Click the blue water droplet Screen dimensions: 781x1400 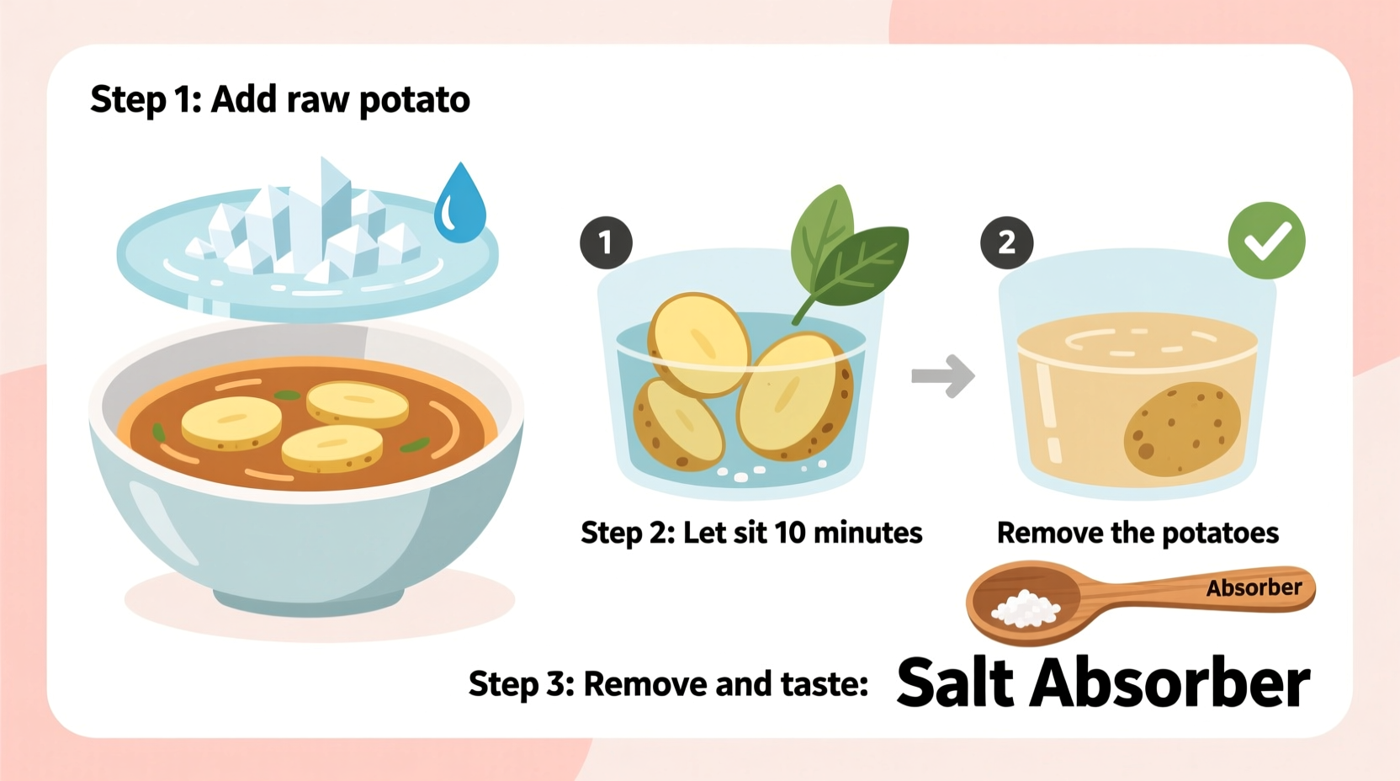pyautogui.click(x=460, y=206)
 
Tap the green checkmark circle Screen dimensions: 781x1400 pyautogui.click(x=1266, y=241)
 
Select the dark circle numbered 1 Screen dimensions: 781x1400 pyautogui.click(x=606, y=243)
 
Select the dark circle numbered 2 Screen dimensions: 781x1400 pyautogui.click(x=1006, y=243)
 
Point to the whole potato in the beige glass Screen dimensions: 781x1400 pyautogui.click(x=1182, y=429)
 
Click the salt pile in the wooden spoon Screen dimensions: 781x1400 pyautogui.click(x=1025, y=608)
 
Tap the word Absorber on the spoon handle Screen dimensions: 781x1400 pyautogui.click(x=1254, y=587)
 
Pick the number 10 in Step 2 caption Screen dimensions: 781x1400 pyautogui.click(x=789, y=533)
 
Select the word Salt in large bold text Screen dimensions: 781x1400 pyautogui.click(x=955, y=683)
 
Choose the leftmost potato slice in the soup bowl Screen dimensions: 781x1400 pyautogui.click(x=231, y=422)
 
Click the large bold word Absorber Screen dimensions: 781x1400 pyautogui.click(x=1169, y=683)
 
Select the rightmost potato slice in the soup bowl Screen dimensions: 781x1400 pyautogui.click(x=357, y=403)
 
